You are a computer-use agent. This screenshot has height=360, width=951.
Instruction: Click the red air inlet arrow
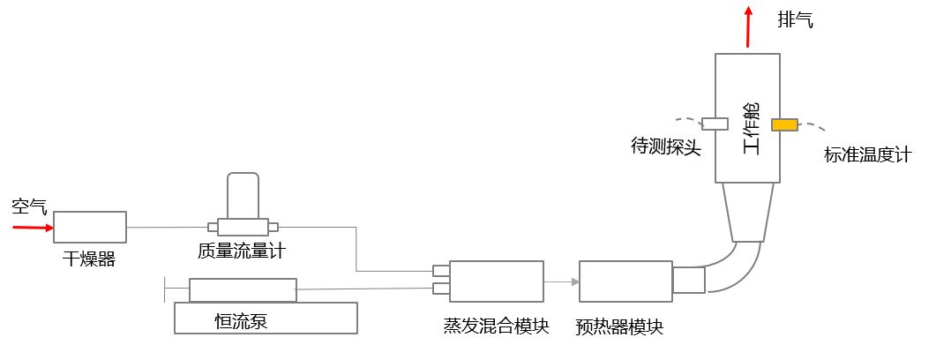tap(32, 228)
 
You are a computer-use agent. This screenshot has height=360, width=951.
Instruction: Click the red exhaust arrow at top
tap(749, 26)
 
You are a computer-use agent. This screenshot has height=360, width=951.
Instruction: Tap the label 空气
tap(29, 207)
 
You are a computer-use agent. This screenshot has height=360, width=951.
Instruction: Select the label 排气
tap(795, 19)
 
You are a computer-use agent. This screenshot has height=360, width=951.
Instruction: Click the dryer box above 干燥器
tap(90, 227)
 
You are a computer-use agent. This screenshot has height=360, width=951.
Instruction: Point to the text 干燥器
tap(89, 259)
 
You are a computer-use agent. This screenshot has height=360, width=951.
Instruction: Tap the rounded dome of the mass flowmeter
tap(243, 194)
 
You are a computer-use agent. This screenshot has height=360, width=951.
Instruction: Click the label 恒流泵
tap(241, 320)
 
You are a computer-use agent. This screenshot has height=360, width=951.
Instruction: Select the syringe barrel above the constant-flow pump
tap(243, 290)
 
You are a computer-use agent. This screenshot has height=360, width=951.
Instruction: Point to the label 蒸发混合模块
tap(496, 326)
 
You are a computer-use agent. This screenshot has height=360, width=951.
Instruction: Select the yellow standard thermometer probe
tap(784, 124)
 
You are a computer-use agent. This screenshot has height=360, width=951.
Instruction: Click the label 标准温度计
tap(867, 155)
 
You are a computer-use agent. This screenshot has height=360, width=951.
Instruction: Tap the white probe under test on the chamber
tap(715, 124)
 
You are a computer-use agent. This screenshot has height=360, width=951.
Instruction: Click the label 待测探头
tap(666, 146)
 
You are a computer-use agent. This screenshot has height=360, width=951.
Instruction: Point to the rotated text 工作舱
tap(752, 129)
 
